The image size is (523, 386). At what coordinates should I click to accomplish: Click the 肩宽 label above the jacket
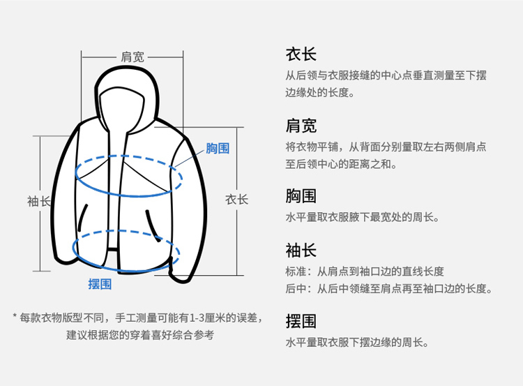132,57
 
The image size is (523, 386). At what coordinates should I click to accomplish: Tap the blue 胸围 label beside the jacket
217,148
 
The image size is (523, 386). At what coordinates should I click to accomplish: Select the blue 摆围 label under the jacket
100,283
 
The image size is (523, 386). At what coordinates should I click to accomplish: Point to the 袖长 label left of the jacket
39,201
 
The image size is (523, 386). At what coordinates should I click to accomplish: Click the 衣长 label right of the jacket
236,200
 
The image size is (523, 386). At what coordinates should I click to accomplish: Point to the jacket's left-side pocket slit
84,218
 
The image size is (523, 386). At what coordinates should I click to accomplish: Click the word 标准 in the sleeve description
296,271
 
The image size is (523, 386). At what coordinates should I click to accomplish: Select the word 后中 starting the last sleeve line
296,288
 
